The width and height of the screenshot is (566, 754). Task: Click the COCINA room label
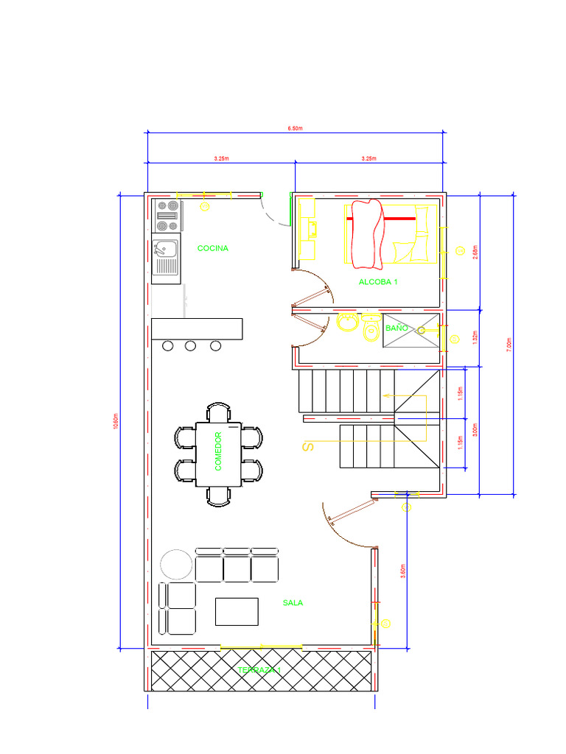pos(213,249)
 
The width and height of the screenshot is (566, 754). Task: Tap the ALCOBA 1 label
pos(378,282)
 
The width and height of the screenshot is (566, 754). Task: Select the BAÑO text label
pos(396,328)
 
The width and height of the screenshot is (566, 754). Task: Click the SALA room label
pos(293,603)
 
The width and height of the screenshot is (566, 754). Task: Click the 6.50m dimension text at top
pos(295,128)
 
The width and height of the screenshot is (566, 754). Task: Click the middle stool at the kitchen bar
pos(191,345)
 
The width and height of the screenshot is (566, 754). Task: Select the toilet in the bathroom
pos(371,332)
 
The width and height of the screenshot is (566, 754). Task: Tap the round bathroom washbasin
pos(346,323)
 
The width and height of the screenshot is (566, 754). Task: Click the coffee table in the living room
pos(237,611)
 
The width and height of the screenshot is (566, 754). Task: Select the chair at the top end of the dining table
pos(219,412)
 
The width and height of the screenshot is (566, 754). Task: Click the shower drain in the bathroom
pos(422,331)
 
